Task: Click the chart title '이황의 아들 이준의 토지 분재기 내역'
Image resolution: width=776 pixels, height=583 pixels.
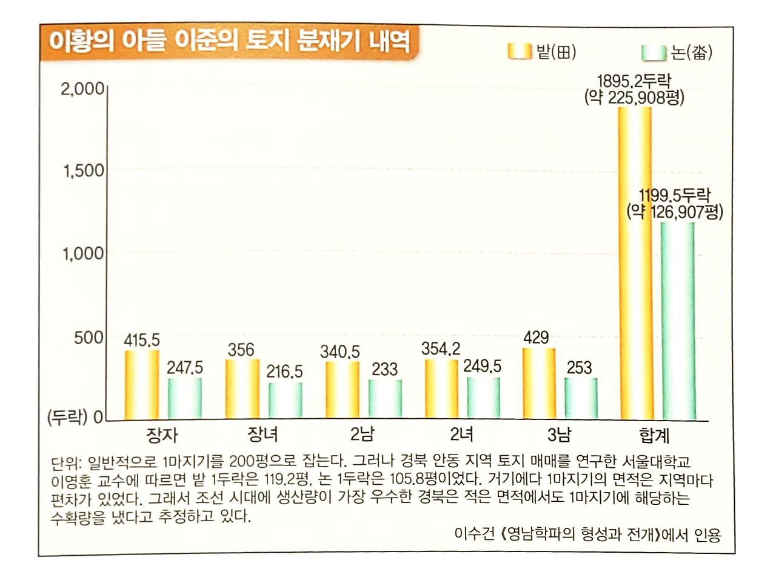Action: tap(229, 42)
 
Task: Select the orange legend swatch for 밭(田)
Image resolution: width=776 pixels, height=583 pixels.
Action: tap(520, 53)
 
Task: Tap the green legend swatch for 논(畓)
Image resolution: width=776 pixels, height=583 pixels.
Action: tap(654, 53)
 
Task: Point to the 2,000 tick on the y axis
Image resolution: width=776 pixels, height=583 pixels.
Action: tap(82, 89)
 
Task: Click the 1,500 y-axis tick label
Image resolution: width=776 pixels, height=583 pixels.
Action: tap(84, 171)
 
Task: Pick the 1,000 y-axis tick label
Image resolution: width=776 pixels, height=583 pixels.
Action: tap(84, 254)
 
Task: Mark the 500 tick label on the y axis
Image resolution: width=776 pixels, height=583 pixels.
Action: tap(89, 337)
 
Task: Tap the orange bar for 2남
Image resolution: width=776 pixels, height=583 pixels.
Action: tap(342, 390)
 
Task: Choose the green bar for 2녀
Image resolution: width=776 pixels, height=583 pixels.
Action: tap(483, 398)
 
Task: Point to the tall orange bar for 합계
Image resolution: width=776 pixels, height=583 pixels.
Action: tap(635, 263)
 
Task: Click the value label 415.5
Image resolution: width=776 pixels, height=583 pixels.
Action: tap(142, 341)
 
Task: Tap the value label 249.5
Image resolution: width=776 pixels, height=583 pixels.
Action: tap(483, 367)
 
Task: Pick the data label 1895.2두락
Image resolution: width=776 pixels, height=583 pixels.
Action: tap(634, 81)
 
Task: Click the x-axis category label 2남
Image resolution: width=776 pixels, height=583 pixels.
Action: tap(362, 435)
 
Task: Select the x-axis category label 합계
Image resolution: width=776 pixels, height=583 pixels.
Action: tap(654, 435)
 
